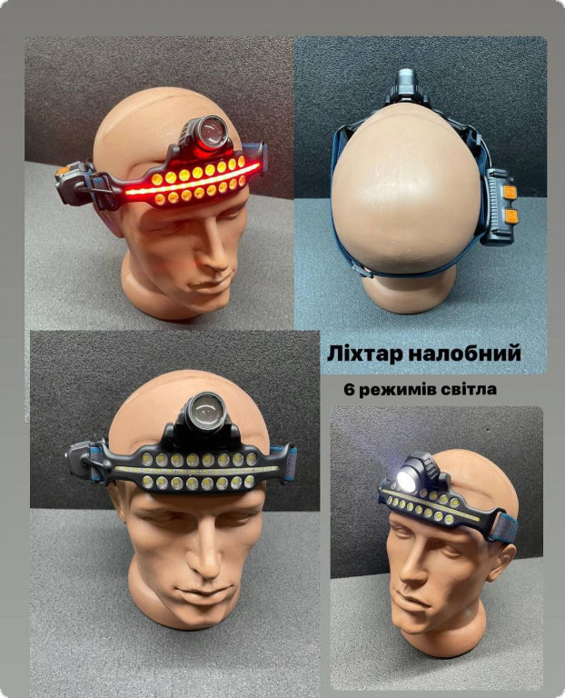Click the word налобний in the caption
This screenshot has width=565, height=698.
[x=463, y=354]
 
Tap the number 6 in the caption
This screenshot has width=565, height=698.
[x=348, y=390]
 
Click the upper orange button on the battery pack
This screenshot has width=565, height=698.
[x=510, y=193]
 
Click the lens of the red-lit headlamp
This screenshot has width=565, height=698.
[x=213, y=132]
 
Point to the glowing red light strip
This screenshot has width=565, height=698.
[x=193, y=180]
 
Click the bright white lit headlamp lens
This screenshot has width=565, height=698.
[x=407, y=481]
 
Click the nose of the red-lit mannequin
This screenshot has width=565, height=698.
[x=219, y=250]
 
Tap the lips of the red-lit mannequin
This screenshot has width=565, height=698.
[x=213, y=284]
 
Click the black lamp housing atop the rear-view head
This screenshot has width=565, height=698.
[x=405, y=87]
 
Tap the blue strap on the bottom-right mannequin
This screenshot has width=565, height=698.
[x=506, y=527]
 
